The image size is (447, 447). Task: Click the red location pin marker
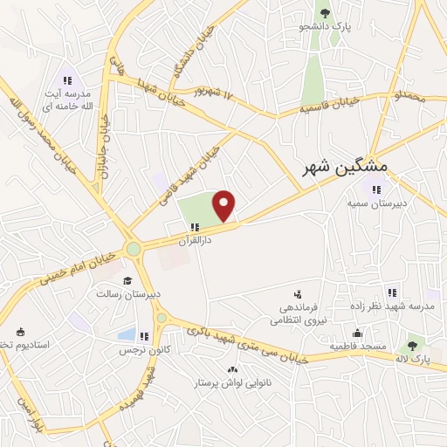[x=225, y=205]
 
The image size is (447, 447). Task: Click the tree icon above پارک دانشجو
[x=325, y=12]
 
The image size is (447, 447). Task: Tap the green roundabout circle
[x=134, y=249]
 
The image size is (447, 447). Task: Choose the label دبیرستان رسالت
[x=128, y=295]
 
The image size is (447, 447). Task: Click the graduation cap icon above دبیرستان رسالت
[x=128, y=281]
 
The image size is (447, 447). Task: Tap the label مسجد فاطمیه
[x=357, y=347]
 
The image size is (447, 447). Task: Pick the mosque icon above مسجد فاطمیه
[x=357, y=333]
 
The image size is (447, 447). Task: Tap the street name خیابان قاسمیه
[x=329, y=107]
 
